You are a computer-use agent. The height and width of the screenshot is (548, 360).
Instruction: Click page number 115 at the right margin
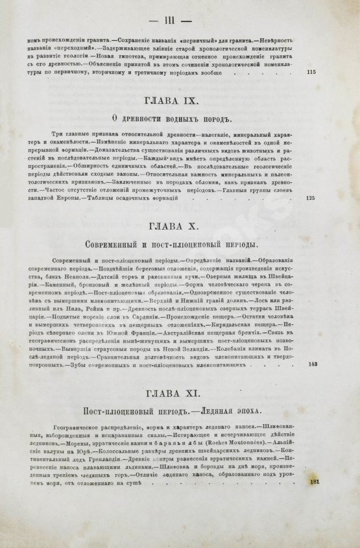click(313, 71)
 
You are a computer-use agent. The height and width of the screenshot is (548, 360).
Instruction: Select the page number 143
click(313, 364)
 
